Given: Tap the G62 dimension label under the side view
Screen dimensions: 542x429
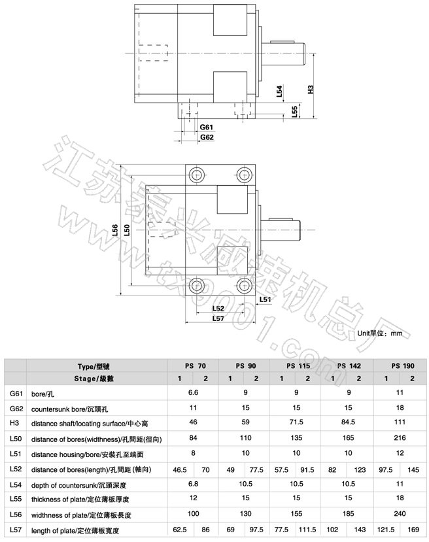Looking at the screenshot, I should (x=207, y=138).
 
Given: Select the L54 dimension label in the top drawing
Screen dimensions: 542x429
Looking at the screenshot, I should (x=279, y=91).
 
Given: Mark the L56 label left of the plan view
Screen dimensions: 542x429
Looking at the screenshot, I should (x=116, y=229).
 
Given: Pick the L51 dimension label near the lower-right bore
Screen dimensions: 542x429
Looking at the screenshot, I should (x=265, y=299).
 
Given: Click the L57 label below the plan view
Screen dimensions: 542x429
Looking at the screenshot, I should (x=219, y=318).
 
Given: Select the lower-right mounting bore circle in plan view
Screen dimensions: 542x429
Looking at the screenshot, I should (x=244, y=285).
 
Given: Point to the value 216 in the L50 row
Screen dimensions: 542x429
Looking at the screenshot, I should (x=399, y=437).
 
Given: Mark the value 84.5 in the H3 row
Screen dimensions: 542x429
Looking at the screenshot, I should (x=347, y=422).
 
